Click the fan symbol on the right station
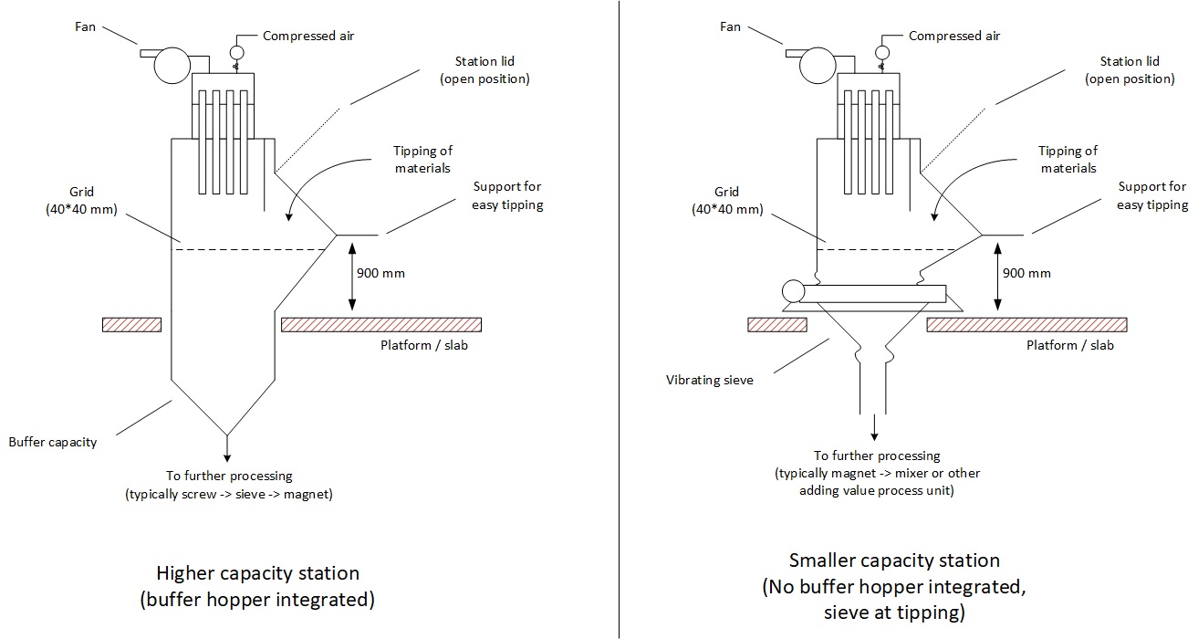[814, 65]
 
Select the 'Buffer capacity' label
[53, 442]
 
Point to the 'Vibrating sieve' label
[710, 380]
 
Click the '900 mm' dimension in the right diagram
[1026, 273]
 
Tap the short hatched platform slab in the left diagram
[132, 324]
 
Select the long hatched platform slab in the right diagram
[1026, 324]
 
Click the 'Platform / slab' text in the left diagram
[424, 346]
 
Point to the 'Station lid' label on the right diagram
[1129, 70]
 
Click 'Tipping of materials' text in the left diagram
[422, 159]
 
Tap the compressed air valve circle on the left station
[236, 52]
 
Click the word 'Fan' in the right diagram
[730, 26]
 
